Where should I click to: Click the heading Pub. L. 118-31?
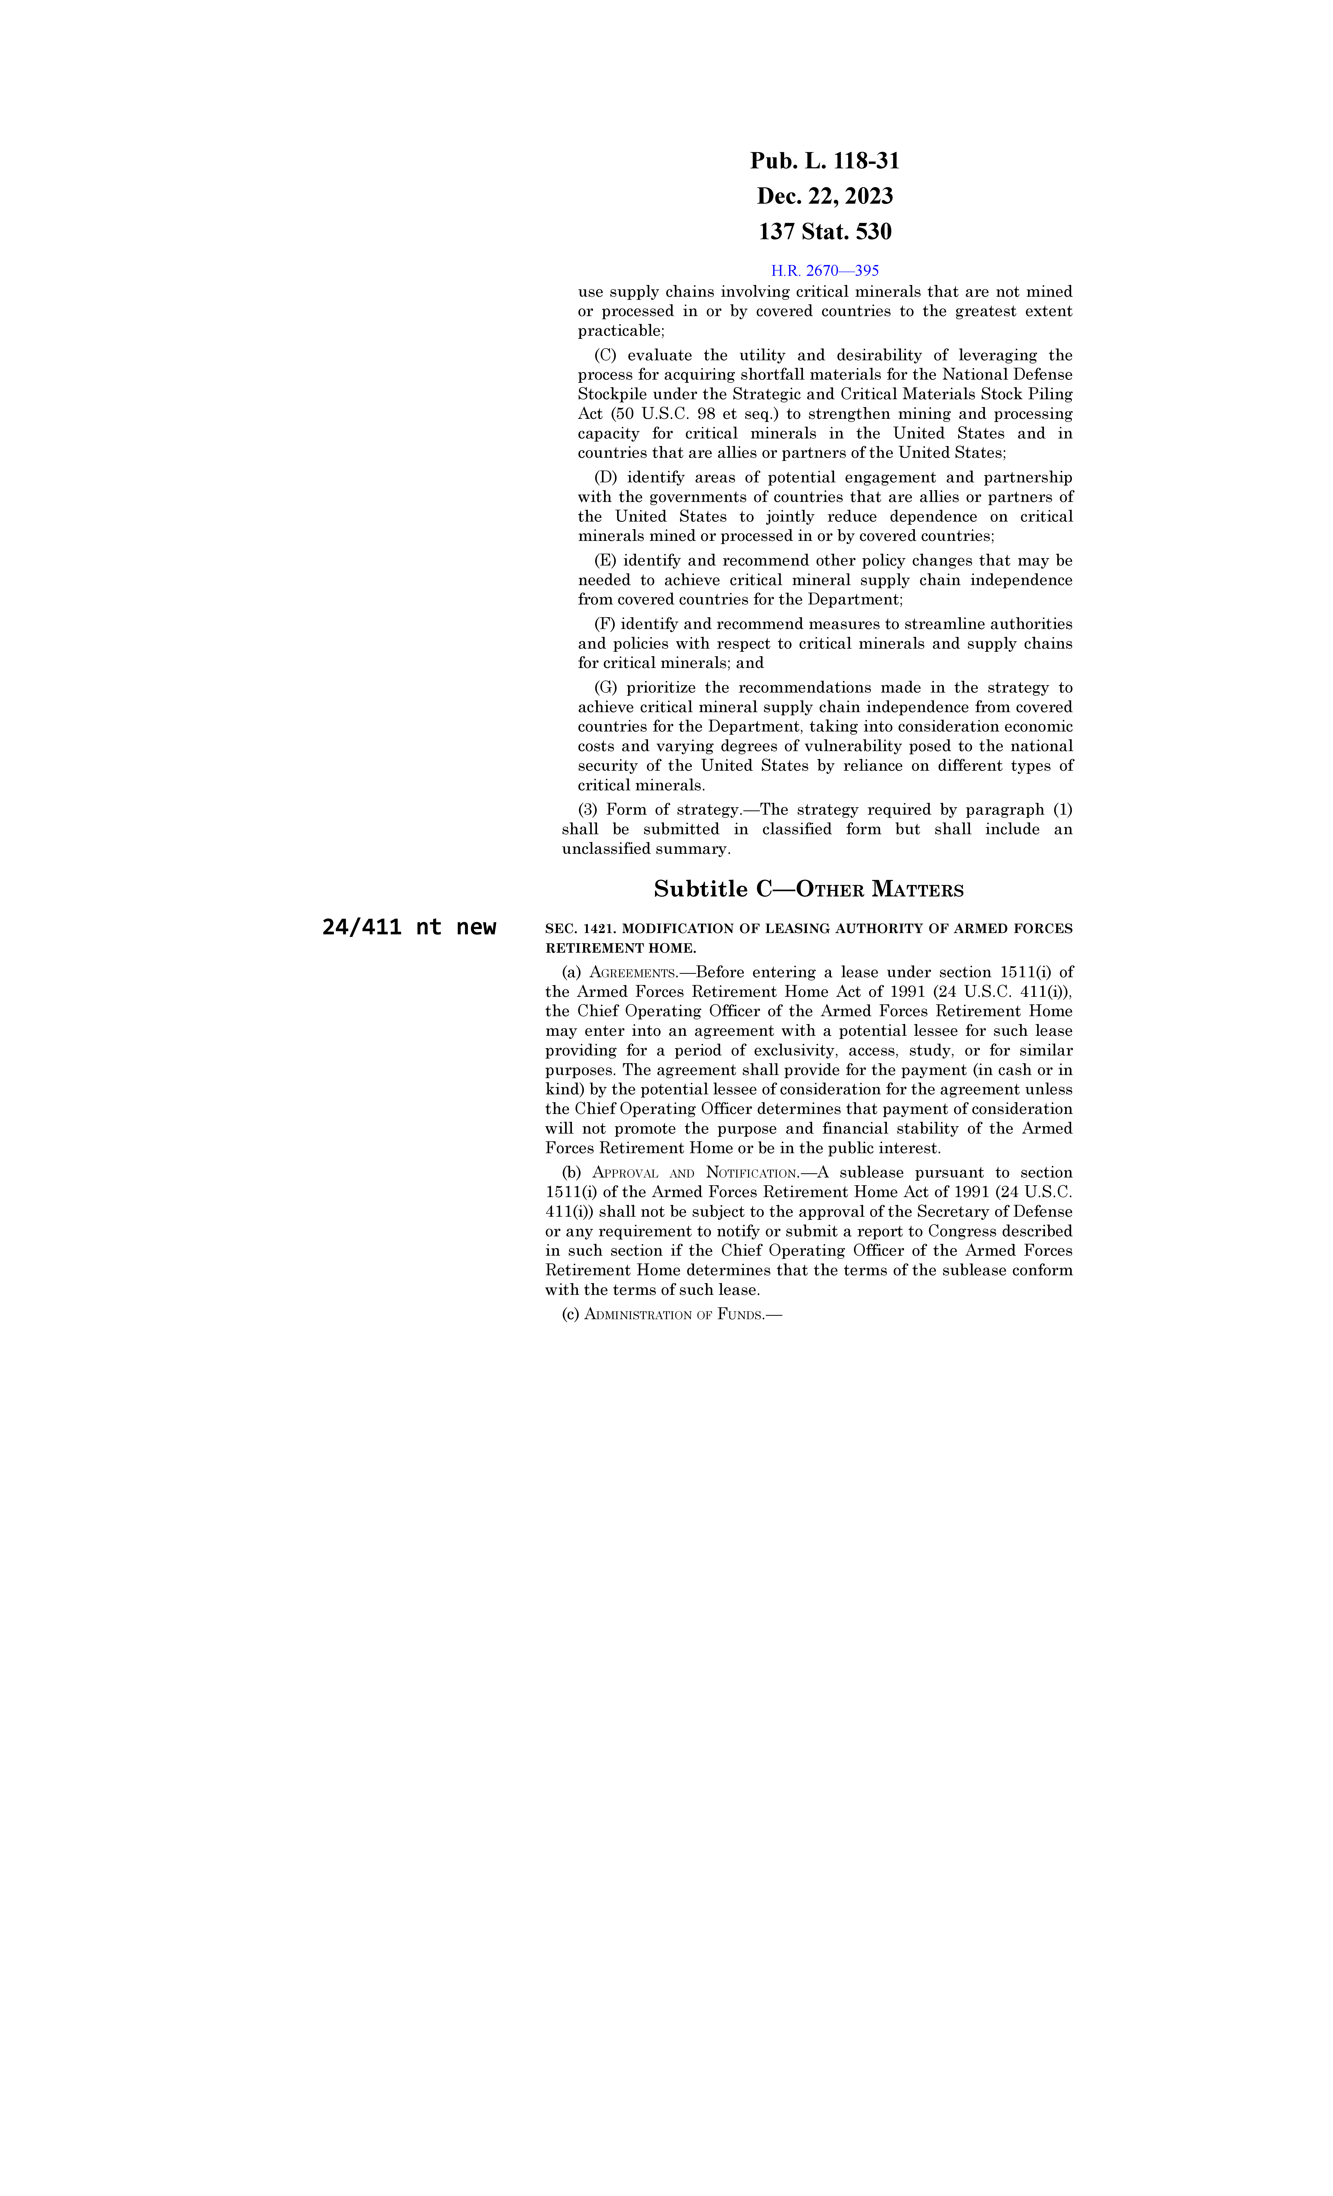[x=824, y=161]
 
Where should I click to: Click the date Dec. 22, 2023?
[x=824, y=196]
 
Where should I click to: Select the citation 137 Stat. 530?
[x=824, y=232]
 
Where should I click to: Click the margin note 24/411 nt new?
[x=409, y=927]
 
